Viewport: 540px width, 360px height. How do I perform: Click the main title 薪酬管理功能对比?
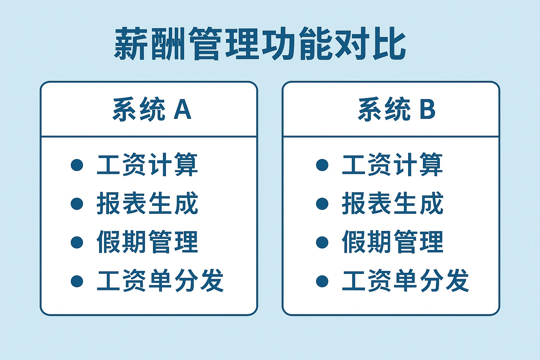click(260, 45)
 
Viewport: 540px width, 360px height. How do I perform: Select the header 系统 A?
click(152, 109)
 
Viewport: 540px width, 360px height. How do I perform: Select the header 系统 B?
click(397, 109)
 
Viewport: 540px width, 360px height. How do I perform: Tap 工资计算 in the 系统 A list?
click(147, 165)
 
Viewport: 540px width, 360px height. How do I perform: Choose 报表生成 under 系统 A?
click(147, 203)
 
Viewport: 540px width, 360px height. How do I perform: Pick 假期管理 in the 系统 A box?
click(147, 242)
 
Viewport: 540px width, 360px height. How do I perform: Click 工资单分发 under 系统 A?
click(160, 281)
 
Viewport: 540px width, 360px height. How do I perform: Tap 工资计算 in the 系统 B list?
click(392, 165)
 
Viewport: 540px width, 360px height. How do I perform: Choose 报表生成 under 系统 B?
click(392, 203)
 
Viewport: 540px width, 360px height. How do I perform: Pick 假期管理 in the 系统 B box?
click(392, 242)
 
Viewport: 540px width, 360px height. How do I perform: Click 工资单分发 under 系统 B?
click(405, 281)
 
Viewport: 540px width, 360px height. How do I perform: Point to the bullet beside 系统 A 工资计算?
click(77, 165)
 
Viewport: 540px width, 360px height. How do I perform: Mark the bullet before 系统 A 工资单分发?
click(77, 281)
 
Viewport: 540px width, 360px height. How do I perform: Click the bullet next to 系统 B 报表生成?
click(322, 204)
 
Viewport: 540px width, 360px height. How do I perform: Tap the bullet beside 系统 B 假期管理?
click(322, 242)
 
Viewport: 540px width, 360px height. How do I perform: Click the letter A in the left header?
click(182, 109)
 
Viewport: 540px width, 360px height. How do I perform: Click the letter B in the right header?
click(427, 109)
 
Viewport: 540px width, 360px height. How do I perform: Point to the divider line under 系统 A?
click(149, 136)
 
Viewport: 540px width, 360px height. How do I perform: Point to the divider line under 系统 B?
click(391, 136)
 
